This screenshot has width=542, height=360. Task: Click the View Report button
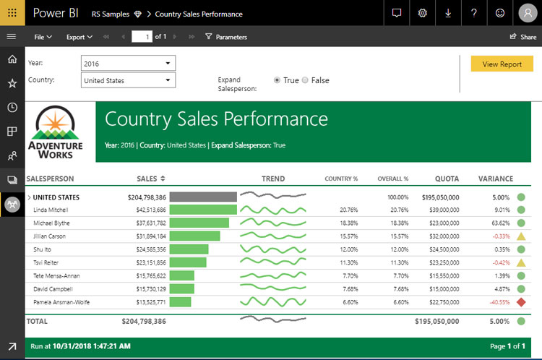coord(502,64)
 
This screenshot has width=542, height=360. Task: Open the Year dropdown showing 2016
coord(128,64)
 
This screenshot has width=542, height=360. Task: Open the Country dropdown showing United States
coord(128,80)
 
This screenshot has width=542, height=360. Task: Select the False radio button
coord(305,80)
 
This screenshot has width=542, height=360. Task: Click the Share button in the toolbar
coord(523,37)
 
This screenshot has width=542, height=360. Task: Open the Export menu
coord(79,37)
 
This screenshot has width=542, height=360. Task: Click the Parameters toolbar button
coord(225,37)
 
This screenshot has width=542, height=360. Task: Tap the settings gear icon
coord(423,13)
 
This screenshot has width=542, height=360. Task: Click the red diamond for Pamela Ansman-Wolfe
coord(520,302)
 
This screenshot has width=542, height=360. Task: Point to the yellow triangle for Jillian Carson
coord(520,236)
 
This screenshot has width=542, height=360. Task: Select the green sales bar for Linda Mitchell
coord(202,210)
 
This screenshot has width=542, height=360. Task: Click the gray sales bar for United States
coord(202,197)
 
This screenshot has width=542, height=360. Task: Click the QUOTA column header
coord(447,179)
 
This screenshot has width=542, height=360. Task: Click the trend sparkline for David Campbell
coord(272,288)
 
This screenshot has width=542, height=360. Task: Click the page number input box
coord(142,37)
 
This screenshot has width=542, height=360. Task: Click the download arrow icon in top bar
coord(448,13)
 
